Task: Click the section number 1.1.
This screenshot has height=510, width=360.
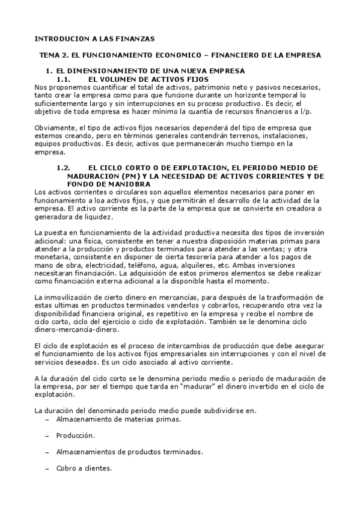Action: point(64,79)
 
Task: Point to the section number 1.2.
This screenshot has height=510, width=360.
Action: point(64,167)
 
